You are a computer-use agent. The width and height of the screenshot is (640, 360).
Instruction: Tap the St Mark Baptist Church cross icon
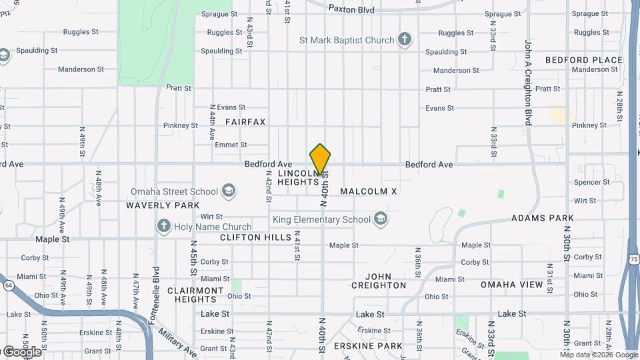tap(404, 39)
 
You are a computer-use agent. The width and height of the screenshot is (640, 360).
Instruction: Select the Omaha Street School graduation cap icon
tap(229, 192)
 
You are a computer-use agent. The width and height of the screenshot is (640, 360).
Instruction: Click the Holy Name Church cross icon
tap(163, 227)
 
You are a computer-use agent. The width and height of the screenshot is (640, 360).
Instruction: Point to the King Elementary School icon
tap(381, 219)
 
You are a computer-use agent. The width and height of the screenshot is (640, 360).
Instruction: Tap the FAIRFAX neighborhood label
tap(245, 122)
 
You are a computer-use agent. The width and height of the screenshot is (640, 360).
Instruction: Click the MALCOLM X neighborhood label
tap(368, 191)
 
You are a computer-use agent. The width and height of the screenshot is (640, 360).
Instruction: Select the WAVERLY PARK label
tap(163, 205)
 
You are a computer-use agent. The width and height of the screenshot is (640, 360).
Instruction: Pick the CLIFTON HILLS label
tap(256, 237)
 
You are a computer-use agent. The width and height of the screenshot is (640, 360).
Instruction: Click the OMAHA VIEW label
tap(512, 285)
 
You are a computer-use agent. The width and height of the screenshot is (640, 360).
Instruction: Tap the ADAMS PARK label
tap(543, 218)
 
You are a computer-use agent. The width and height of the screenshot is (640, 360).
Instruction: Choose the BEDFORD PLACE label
tap(583, 60)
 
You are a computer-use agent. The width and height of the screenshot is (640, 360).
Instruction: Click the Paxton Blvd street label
tap(351, 9)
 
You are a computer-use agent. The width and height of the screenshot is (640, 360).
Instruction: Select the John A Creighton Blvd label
tap(527, 82)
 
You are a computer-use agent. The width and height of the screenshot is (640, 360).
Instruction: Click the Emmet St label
tap(231, 145)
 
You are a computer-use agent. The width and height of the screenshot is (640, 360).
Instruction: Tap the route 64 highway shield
tap(7, 285)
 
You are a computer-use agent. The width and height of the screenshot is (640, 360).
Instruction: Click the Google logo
tap(21, 352)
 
